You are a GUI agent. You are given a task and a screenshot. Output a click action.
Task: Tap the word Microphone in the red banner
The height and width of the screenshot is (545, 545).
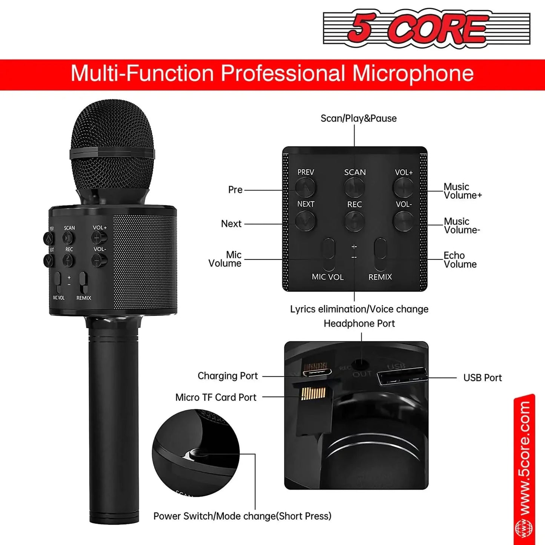click(x=413, y=73)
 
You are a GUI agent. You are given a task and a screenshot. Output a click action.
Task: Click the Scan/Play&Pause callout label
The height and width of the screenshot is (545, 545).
click(x=358, y=118)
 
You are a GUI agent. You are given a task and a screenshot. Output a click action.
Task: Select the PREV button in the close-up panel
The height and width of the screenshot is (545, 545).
click(x=305, y=186)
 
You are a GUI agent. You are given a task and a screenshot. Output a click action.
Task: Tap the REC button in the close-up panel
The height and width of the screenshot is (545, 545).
click(x=355, y=220)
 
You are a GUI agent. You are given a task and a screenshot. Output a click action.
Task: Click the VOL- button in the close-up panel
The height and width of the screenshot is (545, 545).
click(x=403, y=220)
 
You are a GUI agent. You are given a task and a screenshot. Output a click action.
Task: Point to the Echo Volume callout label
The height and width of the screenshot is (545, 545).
click(x=460, y=260)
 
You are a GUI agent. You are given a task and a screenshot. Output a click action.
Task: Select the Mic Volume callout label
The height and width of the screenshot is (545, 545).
click(x=225, y=259)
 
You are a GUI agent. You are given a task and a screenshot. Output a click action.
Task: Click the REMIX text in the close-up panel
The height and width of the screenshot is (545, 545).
click(x=380, y=277)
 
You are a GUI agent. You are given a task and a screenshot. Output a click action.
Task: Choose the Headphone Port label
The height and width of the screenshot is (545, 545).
click(x=359, y=324)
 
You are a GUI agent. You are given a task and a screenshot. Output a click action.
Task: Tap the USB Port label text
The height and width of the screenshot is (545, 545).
click(x=482, y=378)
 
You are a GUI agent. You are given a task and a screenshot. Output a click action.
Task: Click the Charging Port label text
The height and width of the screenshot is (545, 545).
click(x=227, y=376)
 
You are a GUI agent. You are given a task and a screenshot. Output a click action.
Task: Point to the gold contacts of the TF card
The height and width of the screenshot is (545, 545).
click(x=313, y=394)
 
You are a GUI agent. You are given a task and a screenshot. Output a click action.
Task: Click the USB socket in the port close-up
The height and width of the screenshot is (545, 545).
click(x=402, y=377)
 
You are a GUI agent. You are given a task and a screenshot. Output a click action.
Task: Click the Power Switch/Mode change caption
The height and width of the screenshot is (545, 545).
click(x=242, y=516)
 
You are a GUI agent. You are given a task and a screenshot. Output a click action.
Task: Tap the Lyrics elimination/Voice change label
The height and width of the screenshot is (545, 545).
click(x=359, y=309)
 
